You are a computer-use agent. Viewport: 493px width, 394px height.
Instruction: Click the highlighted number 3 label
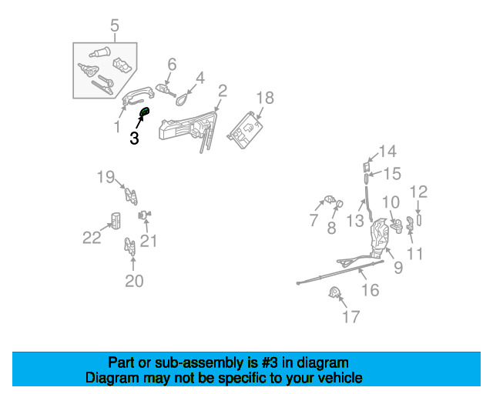point(134,139)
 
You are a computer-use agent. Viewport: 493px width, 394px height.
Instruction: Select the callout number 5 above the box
point(115,28)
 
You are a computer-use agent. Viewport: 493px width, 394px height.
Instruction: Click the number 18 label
point(265,98)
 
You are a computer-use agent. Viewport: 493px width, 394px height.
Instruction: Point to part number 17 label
point(350,316)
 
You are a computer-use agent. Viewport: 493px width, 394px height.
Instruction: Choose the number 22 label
point(92,239)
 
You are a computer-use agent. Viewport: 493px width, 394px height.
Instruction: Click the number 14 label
point(387,151)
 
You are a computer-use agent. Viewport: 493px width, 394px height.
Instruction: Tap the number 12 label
point(418,192)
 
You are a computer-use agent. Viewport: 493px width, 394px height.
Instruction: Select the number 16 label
point(370,289)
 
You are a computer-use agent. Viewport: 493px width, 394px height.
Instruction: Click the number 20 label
point(134,282)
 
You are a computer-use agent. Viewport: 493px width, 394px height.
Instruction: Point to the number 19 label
point(106,178)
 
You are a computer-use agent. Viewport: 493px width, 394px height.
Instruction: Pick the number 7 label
point(314,221)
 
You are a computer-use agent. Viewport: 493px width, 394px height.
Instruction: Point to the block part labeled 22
point(115,220)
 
